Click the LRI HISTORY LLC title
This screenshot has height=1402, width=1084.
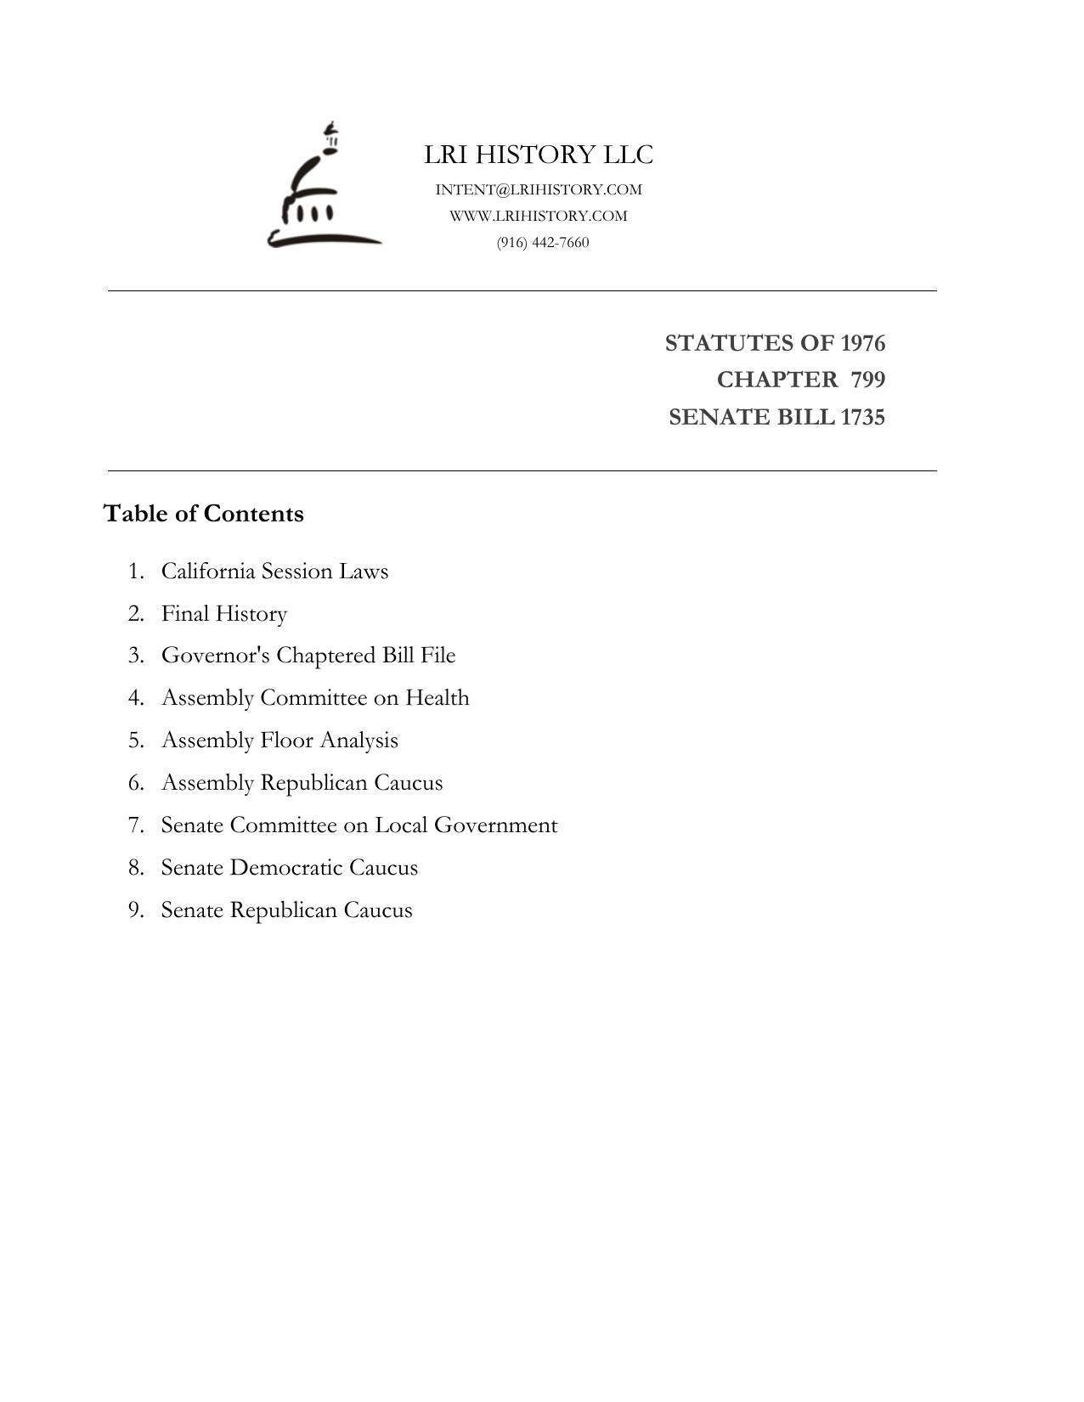pos(539,155)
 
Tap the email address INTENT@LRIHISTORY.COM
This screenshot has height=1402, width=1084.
pos(539,189)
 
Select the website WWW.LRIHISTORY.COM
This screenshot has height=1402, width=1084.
pos(539,216)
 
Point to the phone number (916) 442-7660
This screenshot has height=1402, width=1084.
pos(543,242)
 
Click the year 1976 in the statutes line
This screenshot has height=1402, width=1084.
pos(862,343)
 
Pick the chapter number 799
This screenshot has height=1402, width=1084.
pos(867,380)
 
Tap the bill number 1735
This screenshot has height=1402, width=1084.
pos(862,417)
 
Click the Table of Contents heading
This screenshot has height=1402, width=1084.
pos(203,514)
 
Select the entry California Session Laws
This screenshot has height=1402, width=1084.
pos(274,571)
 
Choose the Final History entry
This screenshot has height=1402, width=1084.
pos(224,613)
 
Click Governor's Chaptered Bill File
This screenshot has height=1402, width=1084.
pos(308,656)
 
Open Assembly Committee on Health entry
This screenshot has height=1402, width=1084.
pos(315,698)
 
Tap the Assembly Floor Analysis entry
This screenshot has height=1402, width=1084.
pos(279,740)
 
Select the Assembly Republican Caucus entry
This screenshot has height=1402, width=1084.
pos(302,783)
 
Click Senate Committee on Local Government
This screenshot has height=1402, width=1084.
pos(359,825)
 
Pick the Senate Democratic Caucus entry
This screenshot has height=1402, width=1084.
pos(290,868)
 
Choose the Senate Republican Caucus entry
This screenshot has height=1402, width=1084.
pos(286,910)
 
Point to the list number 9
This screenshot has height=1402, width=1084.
pos(135,910)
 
